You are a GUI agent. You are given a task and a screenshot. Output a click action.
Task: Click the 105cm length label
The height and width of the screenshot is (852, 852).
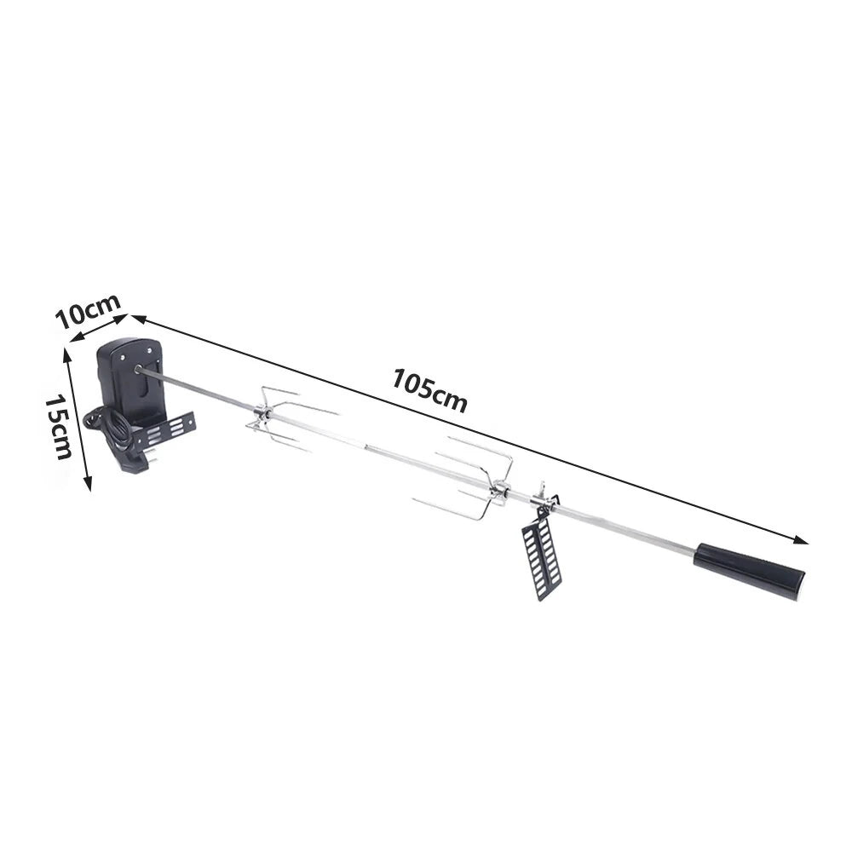pyautogui.click(x=429, y=390)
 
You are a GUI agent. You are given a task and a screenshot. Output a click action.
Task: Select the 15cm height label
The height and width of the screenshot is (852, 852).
pyautogui.click(x=58, y=427)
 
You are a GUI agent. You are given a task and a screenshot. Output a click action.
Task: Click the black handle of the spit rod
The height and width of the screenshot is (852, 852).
pyautogui.click(x=749, y=571)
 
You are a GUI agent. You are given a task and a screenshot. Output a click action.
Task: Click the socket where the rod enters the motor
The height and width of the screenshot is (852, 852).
pyautogui.click(x=139, y=370)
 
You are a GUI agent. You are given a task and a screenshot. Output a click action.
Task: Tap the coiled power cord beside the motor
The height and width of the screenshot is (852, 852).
pyautogui.click(x=109, y=429)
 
